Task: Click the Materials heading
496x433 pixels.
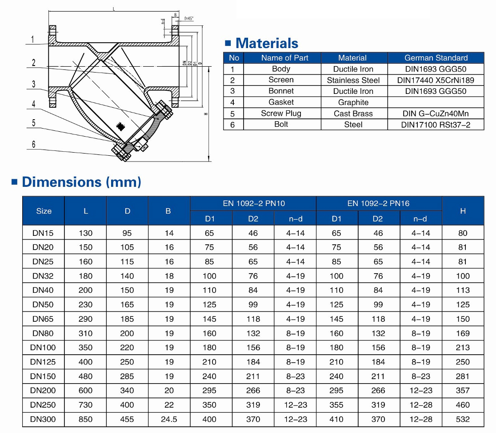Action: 267,43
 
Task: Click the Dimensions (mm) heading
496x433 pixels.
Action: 81,182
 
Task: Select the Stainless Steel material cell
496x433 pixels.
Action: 353,80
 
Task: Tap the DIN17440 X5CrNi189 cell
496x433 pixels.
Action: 436,80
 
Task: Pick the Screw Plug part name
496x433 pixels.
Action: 281,113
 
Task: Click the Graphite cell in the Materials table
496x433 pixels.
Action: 353,102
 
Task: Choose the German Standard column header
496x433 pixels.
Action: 436,58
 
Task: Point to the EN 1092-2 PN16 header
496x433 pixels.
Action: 379,203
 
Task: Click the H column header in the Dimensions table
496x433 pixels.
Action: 463,211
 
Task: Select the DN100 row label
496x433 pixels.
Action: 43,348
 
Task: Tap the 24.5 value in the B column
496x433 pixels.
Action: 169,419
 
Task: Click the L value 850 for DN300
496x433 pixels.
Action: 85,419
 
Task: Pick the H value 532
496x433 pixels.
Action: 463,419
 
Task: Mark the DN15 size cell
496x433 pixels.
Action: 43,233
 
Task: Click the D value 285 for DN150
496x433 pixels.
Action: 127,376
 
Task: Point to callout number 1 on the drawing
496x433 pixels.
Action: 33,40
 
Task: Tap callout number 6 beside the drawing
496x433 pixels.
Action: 33,144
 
